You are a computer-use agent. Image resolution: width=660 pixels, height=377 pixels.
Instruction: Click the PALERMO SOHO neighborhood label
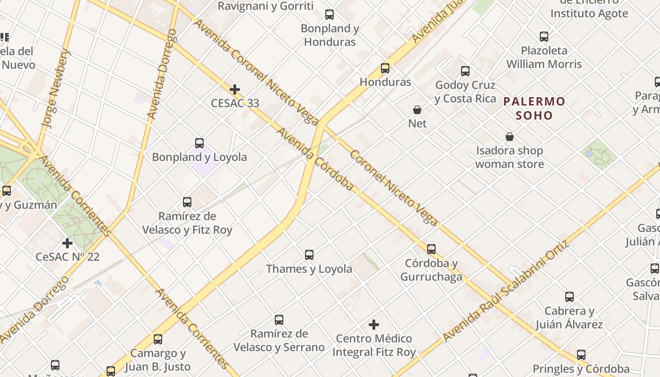(534, 108)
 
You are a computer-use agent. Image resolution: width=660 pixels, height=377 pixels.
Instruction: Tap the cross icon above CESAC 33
(235, 90)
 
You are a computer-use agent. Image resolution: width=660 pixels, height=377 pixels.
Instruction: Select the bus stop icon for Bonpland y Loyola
(199, 143)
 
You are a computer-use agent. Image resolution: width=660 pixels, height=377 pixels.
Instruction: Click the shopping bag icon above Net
(417, 110)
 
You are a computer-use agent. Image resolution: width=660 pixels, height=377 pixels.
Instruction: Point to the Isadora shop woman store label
(509, 157)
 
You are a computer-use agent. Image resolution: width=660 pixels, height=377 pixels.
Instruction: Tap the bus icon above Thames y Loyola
(309, 255)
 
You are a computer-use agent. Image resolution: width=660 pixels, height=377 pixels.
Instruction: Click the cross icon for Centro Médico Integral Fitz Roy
(374, 325)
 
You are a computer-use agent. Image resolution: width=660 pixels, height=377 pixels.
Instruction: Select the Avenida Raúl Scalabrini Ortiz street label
(507, 292)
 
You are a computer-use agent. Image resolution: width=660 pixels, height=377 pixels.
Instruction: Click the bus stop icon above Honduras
(385, 68)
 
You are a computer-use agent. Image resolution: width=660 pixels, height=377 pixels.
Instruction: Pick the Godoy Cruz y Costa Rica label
(465, 92)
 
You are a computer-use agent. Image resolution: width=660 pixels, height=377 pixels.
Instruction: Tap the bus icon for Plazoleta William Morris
(544, 37)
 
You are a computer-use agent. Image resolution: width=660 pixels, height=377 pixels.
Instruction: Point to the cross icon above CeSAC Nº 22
(67, 243)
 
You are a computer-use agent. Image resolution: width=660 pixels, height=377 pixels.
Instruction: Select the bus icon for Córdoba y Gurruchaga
(431, 249)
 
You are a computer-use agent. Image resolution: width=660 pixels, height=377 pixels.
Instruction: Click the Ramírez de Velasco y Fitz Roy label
(188, 223)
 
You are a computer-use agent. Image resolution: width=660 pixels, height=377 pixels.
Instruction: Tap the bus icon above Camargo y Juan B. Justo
(158, 339)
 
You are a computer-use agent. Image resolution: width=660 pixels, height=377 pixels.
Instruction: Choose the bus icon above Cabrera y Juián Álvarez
(569, 297)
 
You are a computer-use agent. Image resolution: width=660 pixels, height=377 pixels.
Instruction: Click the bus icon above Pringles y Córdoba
(581, 355)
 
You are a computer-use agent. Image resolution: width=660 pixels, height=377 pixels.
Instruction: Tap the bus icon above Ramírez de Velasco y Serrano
(279, 320)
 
